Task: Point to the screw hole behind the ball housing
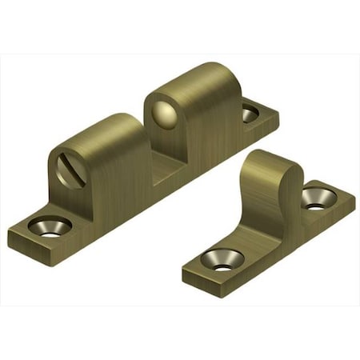250,114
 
